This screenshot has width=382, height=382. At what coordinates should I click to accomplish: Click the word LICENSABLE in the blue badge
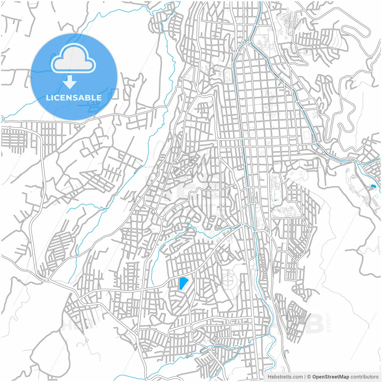click(74, 98)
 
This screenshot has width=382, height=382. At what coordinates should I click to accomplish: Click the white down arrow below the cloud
click(70, 82)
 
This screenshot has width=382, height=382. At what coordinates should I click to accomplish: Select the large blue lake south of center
click(183, 283)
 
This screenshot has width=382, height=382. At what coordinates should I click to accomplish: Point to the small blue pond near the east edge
click(372, 186)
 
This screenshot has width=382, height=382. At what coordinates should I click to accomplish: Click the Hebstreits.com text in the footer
click(285, 377)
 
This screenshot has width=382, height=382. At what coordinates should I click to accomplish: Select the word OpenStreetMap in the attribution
click(330, 377)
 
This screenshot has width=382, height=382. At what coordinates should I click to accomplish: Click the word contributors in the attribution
click(364, 377)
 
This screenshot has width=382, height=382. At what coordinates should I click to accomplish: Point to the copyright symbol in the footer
click(309, 377)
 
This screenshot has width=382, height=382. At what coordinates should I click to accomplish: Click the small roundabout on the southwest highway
click(45, 280)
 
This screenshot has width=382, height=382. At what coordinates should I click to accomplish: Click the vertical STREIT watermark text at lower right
click(329, 322)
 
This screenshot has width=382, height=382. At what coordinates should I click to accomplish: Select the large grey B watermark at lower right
click(313, 324)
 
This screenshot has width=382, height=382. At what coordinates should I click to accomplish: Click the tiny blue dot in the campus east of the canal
click(275, 200)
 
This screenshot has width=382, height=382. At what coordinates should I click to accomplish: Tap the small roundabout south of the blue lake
click(191, 324)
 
